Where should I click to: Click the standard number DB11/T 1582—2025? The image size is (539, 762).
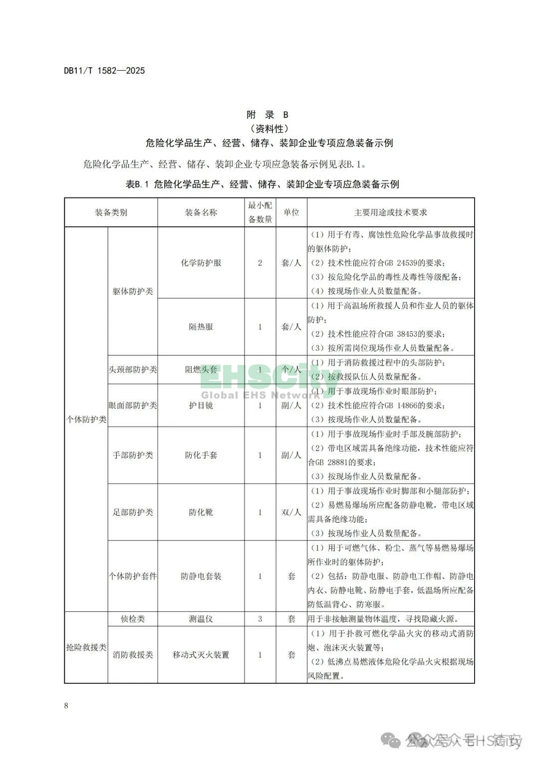pyautogui.click(x=104, y=71)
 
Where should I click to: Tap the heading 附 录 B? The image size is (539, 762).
pyautogui.click(x=268, y=115)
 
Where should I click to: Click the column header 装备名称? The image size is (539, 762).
pyautogui.click(x=201, y=212)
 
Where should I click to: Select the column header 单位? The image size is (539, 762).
pyautogui.click(x=291, y=212)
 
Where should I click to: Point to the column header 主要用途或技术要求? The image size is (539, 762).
pyautogui.click(x=390, y=212)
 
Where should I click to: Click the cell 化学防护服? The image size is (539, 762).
pyautogui.click(x=201, y=263)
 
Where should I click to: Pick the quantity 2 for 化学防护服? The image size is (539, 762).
pyautogui.click(x=260, y=263)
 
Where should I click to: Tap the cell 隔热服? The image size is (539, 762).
pyautogui.click(x=201, y=327)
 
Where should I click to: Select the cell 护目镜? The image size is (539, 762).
pyautogui.click(x=201, y=405)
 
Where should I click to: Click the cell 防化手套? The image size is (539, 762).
pyautogui.click(x=201, y=455)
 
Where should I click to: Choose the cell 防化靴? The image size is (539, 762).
pyautogui.click(x=201, y=512)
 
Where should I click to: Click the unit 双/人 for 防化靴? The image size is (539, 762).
pyautogui.click(x=291, y=512)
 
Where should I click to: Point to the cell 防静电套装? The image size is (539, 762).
pyautogui.click(x=201, y=576)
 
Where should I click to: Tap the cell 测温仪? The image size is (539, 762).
pyautogui.click(x=201, y=619)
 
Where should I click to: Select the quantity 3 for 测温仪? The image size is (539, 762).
pyautogui.click(x=260, y=619)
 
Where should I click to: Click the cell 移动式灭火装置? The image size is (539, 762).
pyautogui.click(x=201, y=655)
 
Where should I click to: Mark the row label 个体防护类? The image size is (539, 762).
pyautogui.click(x=86, y=419)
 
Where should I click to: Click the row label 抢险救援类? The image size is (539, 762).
pyautogui.click(x=86, y=647)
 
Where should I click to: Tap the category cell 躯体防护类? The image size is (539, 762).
pyautogui.click(x=133, y=291)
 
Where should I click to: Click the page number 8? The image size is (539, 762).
pyautogui.click(x=66, y=705)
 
